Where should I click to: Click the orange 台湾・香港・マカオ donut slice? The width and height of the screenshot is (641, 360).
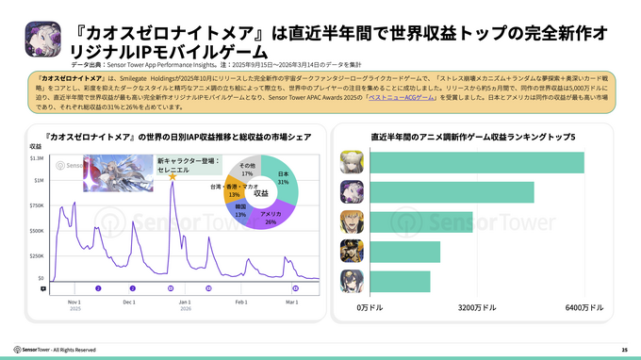(x=233, y=191)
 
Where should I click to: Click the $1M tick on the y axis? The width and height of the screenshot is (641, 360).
(x=37, y=180)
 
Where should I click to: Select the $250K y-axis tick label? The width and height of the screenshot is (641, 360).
(x=35, y=254)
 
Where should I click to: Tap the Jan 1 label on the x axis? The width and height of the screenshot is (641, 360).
(x=184, y=302)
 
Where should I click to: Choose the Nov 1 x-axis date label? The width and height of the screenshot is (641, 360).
(x=74, y=302)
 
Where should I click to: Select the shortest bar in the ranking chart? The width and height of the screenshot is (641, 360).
(x=393, y=282)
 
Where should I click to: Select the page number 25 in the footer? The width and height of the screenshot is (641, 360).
(x=624, y=350)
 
